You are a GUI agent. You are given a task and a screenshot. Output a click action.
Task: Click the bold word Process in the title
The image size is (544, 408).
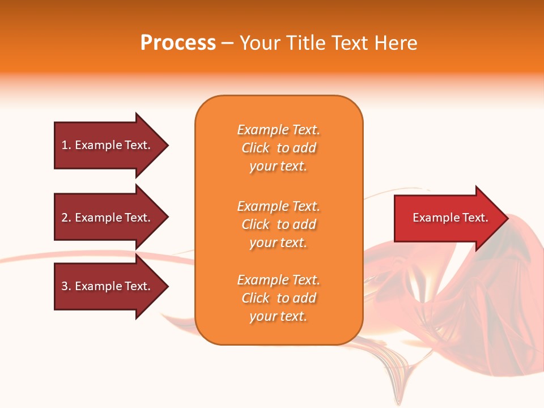[178, 43]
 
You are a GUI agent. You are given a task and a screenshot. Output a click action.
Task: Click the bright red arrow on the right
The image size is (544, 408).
[448, 218]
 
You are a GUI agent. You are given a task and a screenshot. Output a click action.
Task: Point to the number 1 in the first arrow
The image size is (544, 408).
[65, 145]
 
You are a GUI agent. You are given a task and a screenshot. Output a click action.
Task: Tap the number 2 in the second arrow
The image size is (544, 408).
[65, 218]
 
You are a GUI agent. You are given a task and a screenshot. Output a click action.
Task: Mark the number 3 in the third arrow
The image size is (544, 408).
[65, 286]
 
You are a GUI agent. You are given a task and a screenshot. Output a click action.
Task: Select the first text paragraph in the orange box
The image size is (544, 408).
[279, 148]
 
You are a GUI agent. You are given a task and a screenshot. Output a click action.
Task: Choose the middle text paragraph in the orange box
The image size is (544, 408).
[279, 224]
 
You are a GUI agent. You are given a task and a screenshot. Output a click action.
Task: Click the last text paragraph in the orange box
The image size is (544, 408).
[279, 298]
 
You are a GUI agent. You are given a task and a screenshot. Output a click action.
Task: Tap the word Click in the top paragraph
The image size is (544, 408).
[256, 148]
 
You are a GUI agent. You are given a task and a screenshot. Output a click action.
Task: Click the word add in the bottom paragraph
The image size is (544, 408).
[305, 298]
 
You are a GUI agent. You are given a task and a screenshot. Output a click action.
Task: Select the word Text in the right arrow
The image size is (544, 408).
[475, 218]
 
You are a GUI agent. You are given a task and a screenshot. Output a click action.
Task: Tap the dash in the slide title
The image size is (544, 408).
[227, 44]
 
